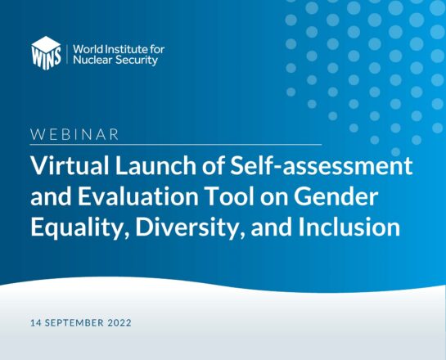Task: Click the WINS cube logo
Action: pos(46,53)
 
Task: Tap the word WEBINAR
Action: pos(74,134)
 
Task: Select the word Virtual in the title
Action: pos(70,165)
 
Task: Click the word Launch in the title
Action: pos(155,165)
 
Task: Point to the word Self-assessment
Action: pos(322,165)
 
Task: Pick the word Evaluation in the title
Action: pos(138,196)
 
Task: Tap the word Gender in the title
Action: pos(336,196)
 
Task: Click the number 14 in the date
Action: pos(35,322)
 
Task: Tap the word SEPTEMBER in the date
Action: pos(74,322)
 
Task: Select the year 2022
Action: pos(119,322)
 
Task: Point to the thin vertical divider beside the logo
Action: pos(67,54)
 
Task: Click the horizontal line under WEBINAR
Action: pos(176,145)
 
